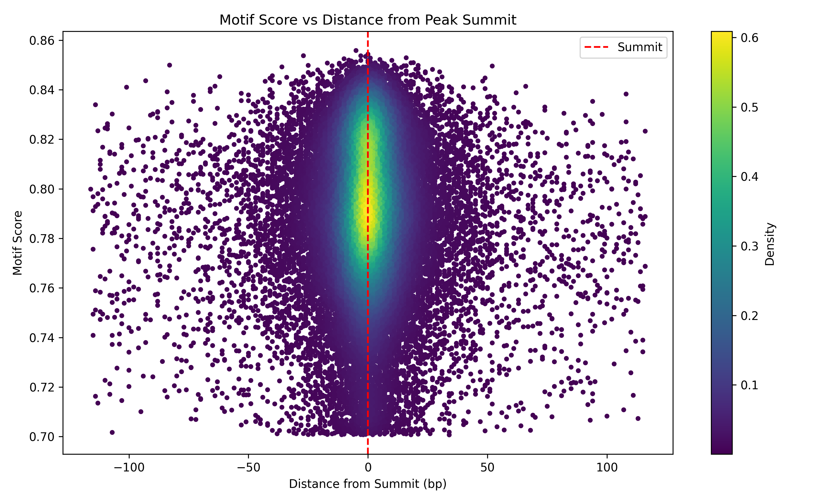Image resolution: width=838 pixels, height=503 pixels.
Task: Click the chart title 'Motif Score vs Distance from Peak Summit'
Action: click(368, 20)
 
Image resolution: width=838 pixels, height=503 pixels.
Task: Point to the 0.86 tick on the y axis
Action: click(42, 41)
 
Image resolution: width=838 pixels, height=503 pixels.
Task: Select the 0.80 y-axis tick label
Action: click(42, 189)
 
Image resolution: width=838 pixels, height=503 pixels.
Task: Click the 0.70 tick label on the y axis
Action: click(42, 437)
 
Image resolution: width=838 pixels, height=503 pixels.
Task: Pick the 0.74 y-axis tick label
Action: click(42, 338)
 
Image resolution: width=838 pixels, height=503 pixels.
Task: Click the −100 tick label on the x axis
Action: click(129, 468)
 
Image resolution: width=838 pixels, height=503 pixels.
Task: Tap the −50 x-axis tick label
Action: click(248, 468)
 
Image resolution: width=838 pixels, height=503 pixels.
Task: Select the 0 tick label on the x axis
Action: click(368, 468)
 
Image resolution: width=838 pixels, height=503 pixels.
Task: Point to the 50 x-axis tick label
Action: click(487, 468)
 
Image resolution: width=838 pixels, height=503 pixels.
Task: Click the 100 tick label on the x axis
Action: click(607, 468)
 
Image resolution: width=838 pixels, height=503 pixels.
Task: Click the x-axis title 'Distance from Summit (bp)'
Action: click(368, 484)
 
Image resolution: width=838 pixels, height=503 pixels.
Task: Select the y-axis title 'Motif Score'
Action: click(17, 243)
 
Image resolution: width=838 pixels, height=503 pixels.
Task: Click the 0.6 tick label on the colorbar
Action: click(749, 38)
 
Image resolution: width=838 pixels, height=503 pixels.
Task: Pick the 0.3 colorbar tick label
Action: click(749, 246)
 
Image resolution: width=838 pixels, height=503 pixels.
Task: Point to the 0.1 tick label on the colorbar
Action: click(749, 385)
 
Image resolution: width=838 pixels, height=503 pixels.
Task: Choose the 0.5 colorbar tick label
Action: click(749, 107)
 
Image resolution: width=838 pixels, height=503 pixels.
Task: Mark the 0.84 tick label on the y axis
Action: click(42, 90)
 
